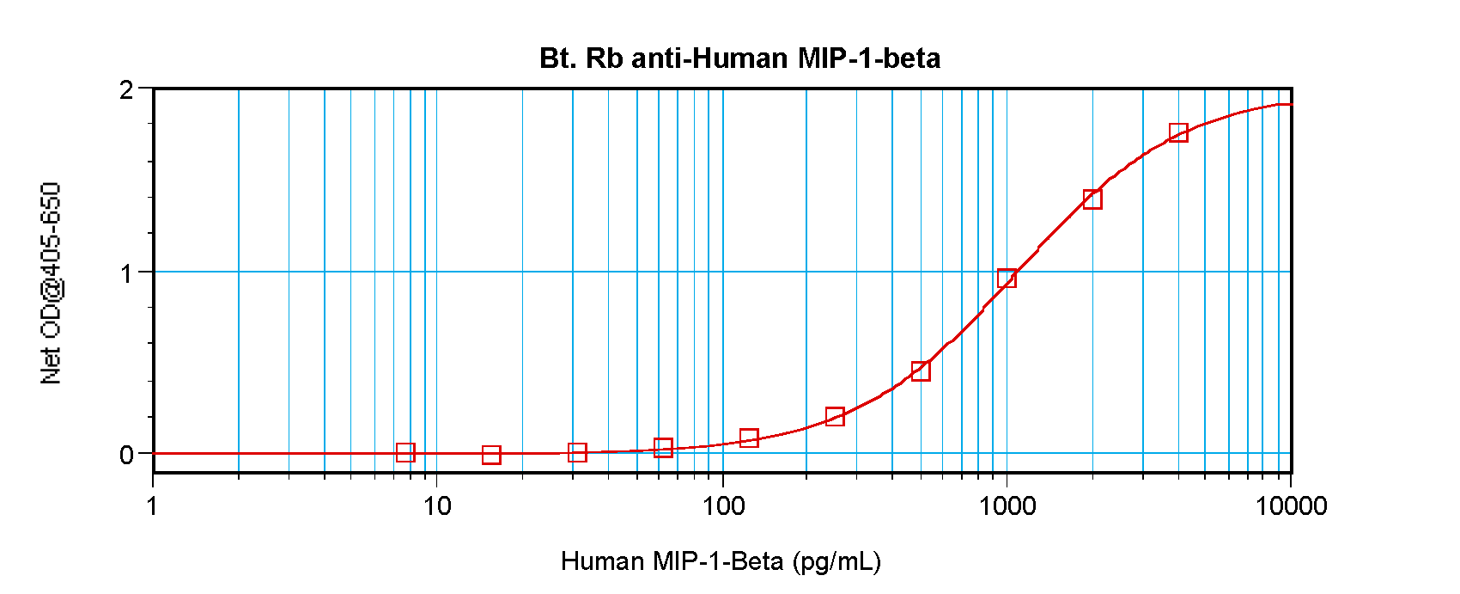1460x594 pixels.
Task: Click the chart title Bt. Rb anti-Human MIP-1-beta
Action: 739,58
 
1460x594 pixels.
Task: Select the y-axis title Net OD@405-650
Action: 52,283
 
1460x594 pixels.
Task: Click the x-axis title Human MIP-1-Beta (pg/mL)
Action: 721,561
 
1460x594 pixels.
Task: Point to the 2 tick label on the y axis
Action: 127,90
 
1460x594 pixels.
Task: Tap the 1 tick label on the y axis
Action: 127,273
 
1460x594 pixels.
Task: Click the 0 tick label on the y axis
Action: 127,455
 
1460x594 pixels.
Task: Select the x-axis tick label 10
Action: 437,506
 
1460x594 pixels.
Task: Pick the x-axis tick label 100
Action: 722,506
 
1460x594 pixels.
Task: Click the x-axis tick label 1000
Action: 1007,506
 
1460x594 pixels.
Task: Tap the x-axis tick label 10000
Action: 1291,506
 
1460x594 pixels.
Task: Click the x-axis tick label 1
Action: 153,506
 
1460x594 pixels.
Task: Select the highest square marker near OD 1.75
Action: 1178,132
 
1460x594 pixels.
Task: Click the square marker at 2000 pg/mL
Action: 1092,199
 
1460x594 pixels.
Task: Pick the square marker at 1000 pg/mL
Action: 1007,278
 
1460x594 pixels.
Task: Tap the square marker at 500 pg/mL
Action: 921,371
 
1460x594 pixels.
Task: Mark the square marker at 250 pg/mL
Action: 835,416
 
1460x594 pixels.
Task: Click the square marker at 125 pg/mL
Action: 749,438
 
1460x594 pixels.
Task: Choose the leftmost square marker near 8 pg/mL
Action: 405,452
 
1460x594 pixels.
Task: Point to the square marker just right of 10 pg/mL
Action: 491,455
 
